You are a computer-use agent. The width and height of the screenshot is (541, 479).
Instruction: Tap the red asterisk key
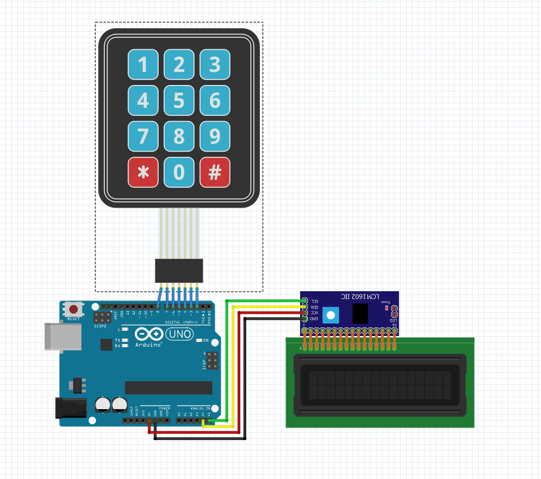click(143, 173)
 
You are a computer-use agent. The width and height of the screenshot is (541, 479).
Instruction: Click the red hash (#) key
click(215, 173)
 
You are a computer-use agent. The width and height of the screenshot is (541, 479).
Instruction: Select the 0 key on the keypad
click(179, 173)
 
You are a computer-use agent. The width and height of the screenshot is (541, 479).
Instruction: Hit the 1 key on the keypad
click(143, 65)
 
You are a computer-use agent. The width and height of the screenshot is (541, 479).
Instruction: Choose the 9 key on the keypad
click(215, 136)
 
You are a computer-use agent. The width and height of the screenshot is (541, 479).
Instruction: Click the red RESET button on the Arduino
click(74, 309)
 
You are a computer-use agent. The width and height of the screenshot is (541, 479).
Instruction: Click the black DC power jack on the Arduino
click(70, 408)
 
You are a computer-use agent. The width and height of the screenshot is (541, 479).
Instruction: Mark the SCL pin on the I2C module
click(304, 301)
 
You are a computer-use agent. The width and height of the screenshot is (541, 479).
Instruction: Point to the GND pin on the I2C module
click(304, 319)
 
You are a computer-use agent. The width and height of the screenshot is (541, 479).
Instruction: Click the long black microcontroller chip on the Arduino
click(168, 387)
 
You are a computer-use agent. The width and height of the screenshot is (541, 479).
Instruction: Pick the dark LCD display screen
click(380, 385)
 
